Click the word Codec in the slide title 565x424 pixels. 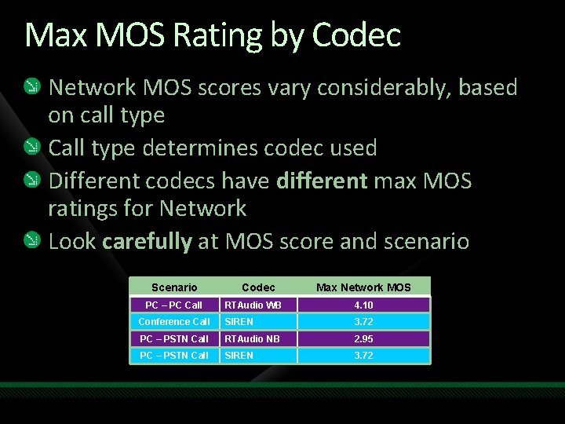point(356,35)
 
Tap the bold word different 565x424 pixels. point(322,181)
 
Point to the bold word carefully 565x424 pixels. point(147,241)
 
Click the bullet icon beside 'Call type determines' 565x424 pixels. point(32,148)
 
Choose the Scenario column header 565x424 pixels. point(174,287)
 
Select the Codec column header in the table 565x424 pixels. point(258,287)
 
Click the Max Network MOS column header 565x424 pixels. point(363,287)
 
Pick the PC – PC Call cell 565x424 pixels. point(174,305)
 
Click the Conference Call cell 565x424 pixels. point(174,322)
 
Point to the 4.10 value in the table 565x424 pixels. point(363,305)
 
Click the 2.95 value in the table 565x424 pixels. point(363,339)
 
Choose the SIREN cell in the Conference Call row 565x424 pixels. point(239,322)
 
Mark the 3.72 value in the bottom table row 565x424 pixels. point(363,356)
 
